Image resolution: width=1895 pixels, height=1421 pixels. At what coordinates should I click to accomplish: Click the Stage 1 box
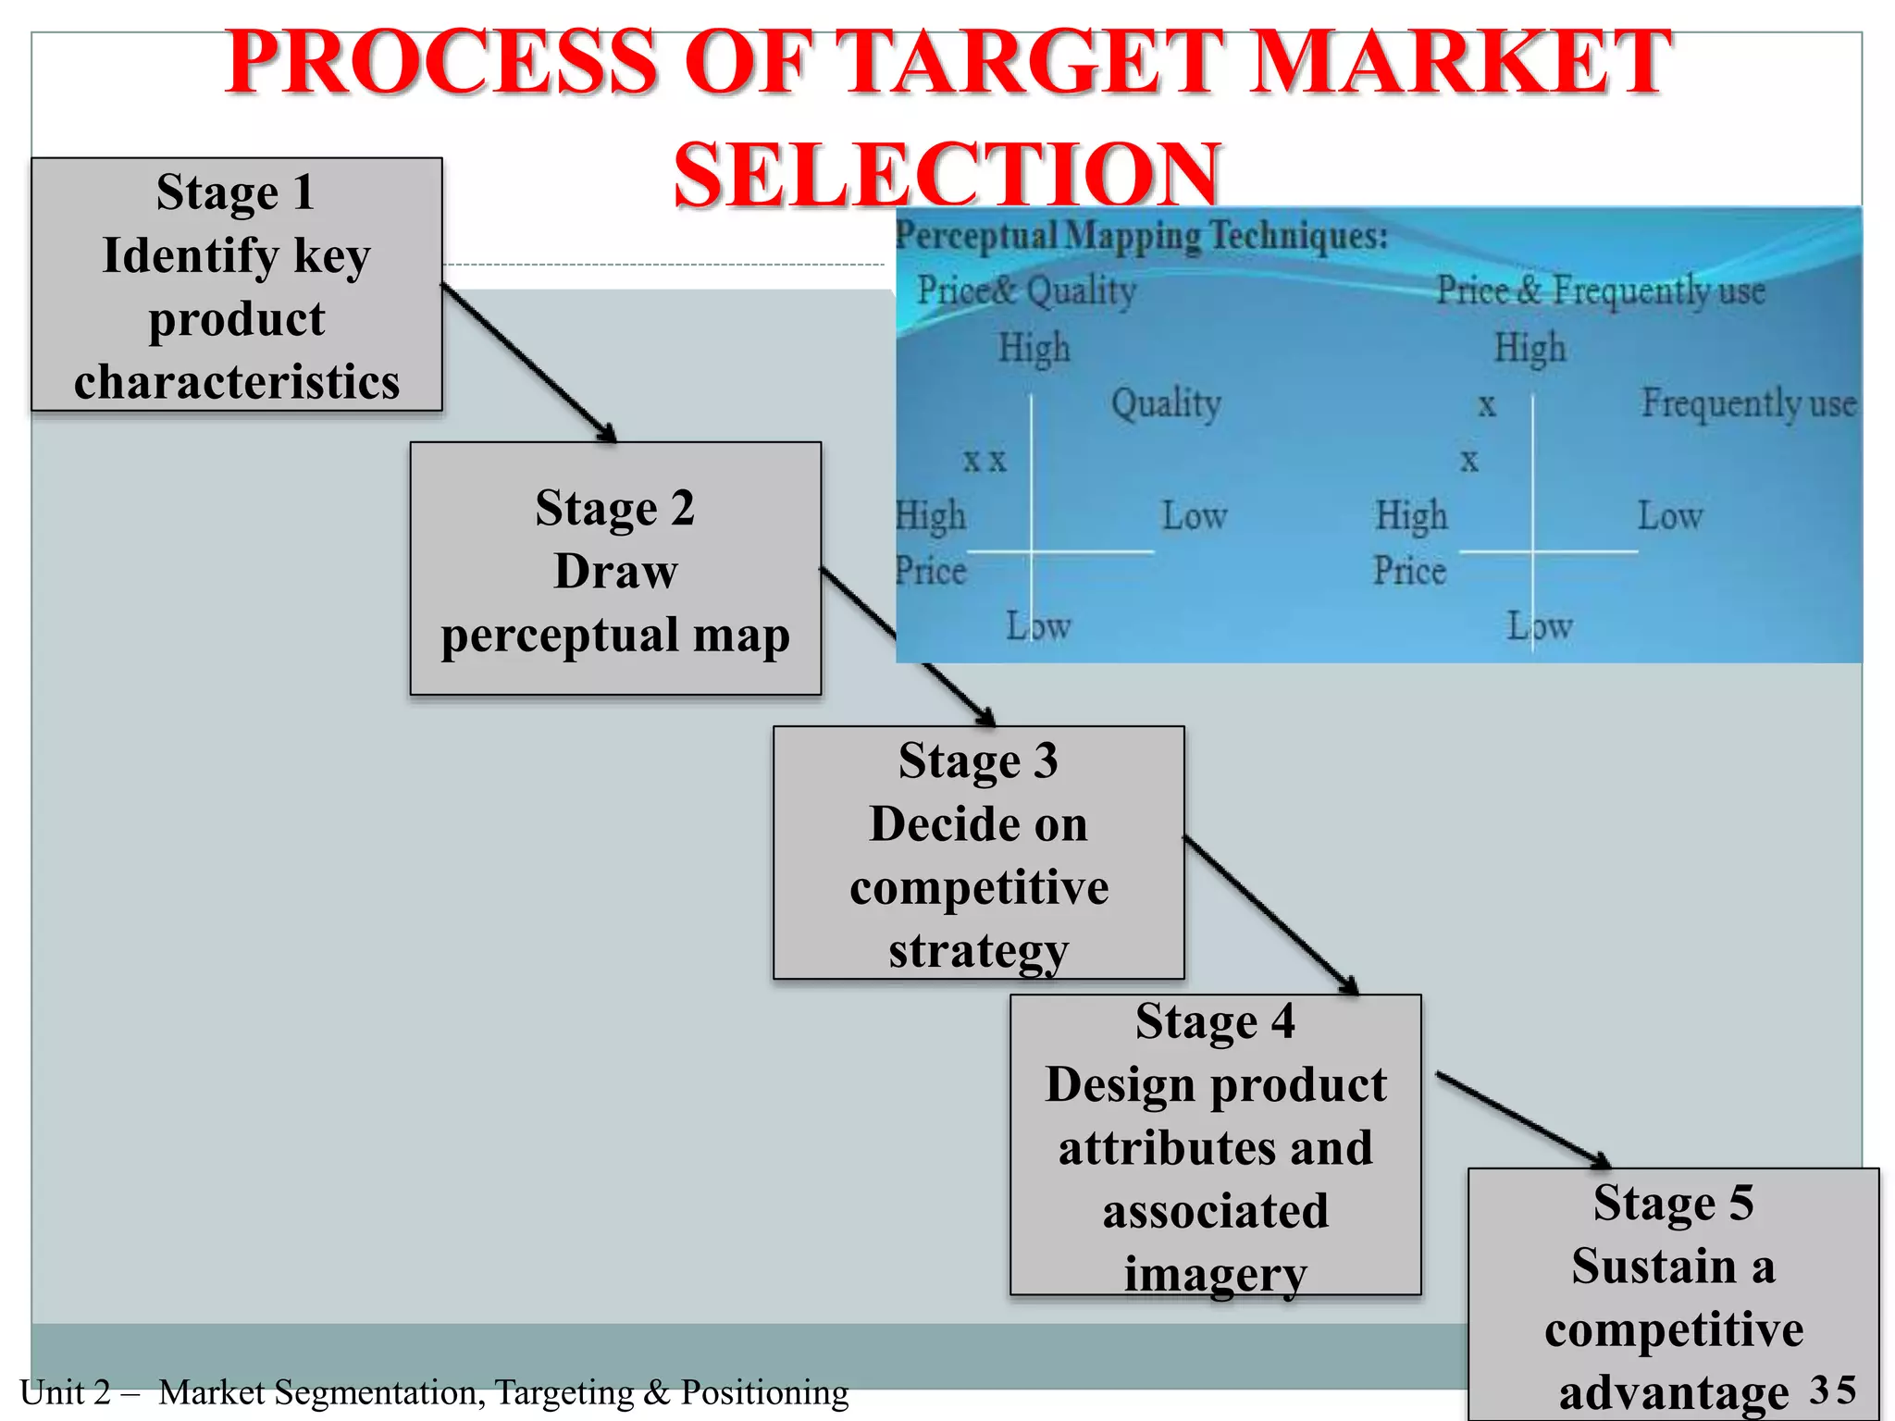pyautogui.click(x=237, y=284)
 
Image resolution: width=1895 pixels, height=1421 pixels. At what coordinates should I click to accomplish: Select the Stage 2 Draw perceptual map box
pyautogui.click(x=615, y=568)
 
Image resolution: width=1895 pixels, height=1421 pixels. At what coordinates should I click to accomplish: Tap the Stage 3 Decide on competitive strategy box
pyautogui.click(x=978, y=852)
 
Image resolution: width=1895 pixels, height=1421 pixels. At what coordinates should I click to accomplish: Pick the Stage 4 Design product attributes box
pyautogui.click(x=1215, y=1144)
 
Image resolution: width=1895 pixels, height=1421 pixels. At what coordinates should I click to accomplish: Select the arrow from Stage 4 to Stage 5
pyautogui.click(x=1523, y=1119)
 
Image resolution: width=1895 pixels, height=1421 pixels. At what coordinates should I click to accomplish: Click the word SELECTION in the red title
pyautogui.click(x=946, y=174)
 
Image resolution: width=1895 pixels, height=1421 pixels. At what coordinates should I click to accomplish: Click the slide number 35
pyautogui.click(x=1833, y=1390)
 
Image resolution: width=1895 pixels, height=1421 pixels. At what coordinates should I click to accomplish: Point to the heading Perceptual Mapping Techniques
pyautogui.click(x=1142, y=236)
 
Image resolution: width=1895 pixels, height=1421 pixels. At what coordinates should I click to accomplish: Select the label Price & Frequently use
pyautogui.click(x=1600, y=290)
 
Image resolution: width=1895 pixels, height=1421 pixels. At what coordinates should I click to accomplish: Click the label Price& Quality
pyautogui.click(x=1026, y=290)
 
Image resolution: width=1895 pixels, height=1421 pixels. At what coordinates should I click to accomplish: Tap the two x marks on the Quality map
pyautogui.click(x=984, y=460)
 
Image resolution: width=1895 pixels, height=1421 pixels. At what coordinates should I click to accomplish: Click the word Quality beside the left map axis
pyautogui.click(x=1166, y=403)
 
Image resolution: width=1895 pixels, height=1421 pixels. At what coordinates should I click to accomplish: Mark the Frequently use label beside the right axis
pyautogui.click(x=1748, y=403)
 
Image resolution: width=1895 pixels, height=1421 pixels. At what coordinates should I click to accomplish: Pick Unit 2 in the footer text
pyautogui.click(x=65, y=1392)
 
